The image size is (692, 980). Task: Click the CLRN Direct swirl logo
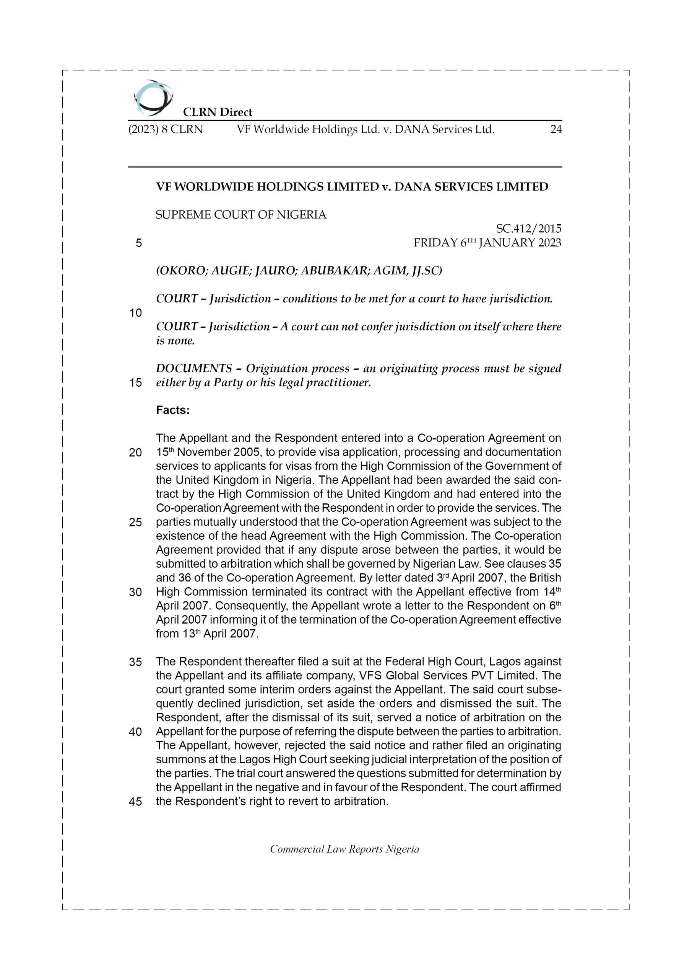(153, 98)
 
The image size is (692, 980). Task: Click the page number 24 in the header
(556, 129)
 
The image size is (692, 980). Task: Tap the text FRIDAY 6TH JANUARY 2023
(487, 243)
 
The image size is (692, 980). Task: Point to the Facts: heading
(173, 410)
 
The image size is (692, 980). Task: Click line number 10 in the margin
(136, 313)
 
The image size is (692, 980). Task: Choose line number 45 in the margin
(136, 802)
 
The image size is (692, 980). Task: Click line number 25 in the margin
(136, 523)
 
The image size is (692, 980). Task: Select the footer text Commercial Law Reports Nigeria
(344, 849)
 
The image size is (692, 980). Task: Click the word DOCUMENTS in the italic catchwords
(194, 368)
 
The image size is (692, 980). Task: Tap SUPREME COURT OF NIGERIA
(241, 215)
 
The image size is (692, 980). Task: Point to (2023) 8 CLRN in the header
(166, 129)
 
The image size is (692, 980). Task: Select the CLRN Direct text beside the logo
(218, 112)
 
